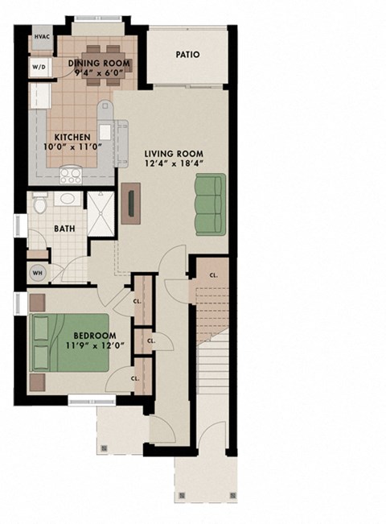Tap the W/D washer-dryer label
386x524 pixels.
click(39, 68)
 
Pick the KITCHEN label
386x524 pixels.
click(72, 137)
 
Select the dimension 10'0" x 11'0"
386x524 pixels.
click(72, 148)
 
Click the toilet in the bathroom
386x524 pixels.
click(41, 207)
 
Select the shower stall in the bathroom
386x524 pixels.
click(100, 214)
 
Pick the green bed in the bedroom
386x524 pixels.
click(68, 341)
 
